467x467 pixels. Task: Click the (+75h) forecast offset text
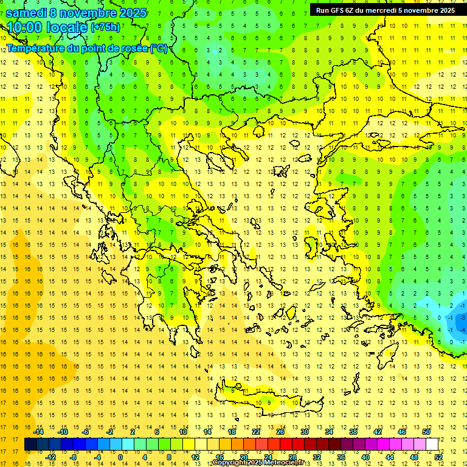tap(105, 27)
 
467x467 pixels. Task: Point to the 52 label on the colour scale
tap(438, 457)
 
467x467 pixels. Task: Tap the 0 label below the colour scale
tap(120, 457)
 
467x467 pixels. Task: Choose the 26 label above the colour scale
tap(280, 432)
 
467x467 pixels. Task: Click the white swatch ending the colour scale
tap(432, 445)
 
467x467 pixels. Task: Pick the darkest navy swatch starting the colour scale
tap(30, 445)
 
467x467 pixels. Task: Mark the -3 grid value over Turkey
tap(463, 317)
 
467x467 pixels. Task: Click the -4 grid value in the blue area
tap(463, 330)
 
